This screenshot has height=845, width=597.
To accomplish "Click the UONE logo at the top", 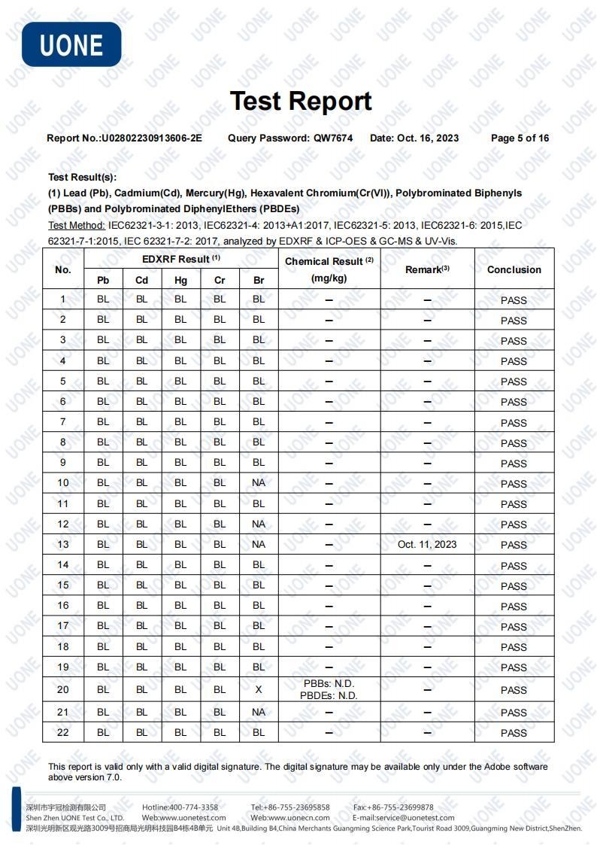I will [x=71, y=44].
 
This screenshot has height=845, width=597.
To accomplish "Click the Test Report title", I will [x=301, y=101].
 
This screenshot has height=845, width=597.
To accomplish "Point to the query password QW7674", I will [x=333, y=138].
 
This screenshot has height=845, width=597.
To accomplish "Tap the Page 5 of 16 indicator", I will [x=520, y=138].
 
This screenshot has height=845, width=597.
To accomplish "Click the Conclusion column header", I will [x=514, y=269].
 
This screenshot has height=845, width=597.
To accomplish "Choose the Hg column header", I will [x=180, y=280].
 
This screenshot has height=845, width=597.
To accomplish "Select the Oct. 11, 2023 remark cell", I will [x=427, y=544].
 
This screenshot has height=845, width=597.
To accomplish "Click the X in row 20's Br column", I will [x=259, y=689].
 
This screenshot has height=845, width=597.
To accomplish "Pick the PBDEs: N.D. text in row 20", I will [x=329, y=696].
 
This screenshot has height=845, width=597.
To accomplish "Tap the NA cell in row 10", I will [x=259, y=483].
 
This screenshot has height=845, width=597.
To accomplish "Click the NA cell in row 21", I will [x=259, y=712].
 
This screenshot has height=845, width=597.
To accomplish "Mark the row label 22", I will [x=63, y=732].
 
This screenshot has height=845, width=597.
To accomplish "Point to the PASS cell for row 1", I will [x=514, y=300].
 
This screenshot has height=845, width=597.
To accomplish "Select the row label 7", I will [x=63, y=422].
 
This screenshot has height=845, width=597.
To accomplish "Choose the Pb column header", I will [x=103, y=280].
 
